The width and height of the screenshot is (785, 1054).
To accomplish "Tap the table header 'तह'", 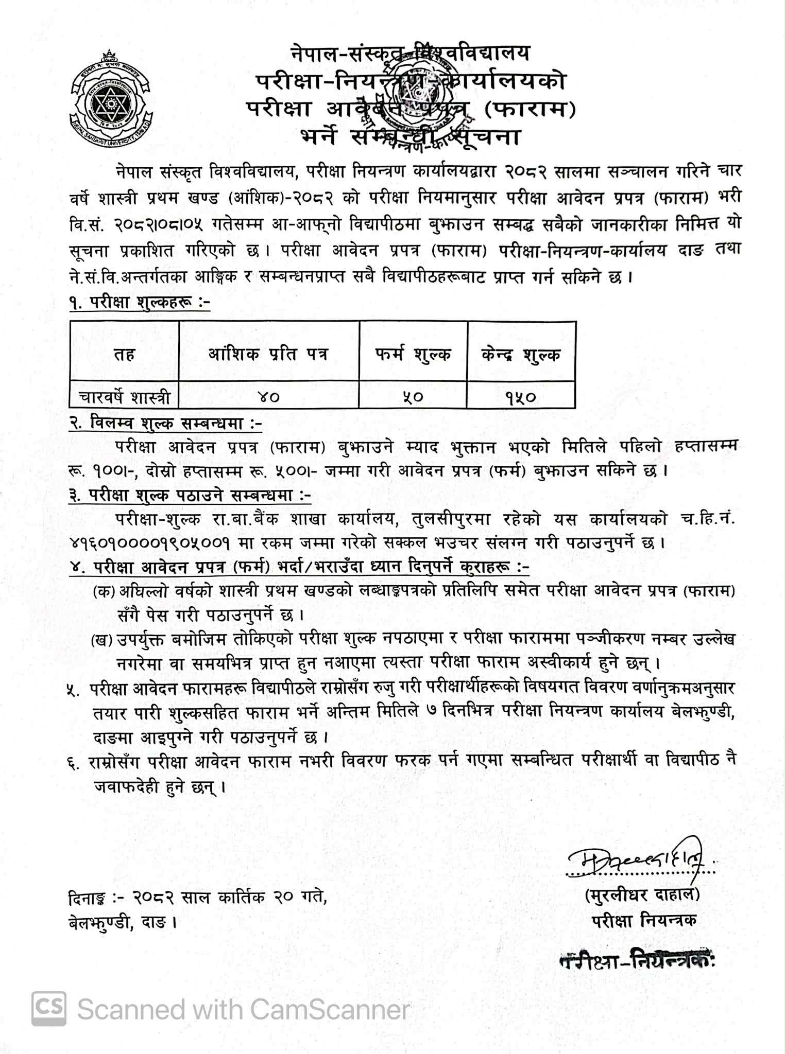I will [x=124, y=354].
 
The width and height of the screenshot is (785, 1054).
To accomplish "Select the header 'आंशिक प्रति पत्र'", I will [x=268, y=354].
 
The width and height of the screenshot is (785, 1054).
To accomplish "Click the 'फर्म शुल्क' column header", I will [x=413, y=354].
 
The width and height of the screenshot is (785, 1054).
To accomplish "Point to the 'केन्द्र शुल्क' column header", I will [x=521, y=354].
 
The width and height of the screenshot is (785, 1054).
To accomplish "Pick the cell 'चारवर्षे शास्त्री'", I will [x=124, y=397].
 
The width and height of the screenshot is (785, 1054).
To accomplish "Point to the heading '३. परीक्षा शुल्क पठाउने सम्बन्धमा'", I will [x=190, y=496].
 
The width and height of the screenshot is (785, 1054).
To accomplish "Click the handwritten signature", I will [x=639, y=858].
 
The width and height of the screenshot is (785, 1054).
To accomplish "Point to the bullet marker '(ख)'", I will [x=101, y=640].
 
